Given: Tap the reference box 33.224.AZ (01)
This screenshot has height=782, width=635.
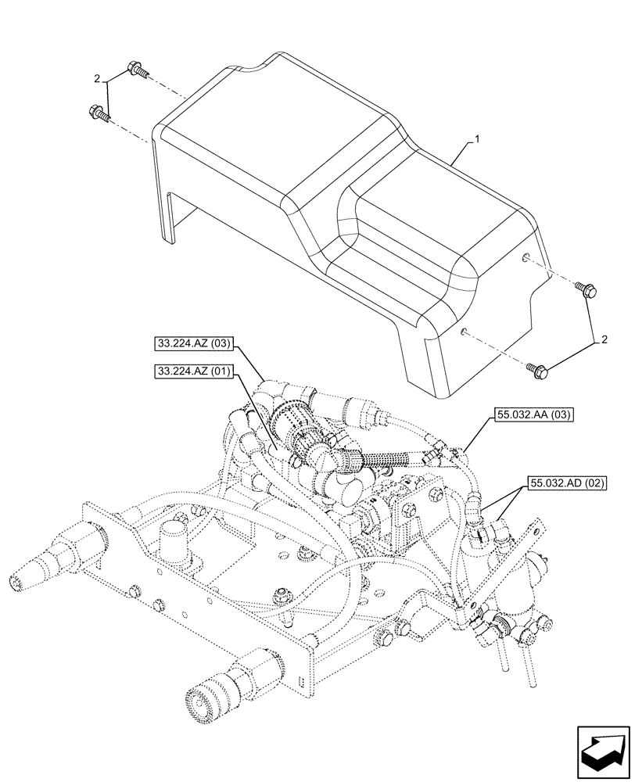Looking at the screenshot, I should click(x=192, y=372).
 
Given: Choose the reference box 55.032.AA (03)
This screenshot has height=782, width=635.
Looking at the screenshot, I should click(x=533, y=417).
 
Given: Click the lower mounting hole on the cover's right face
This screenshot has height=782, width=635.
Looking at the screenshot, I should click(x=465, y=332).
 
